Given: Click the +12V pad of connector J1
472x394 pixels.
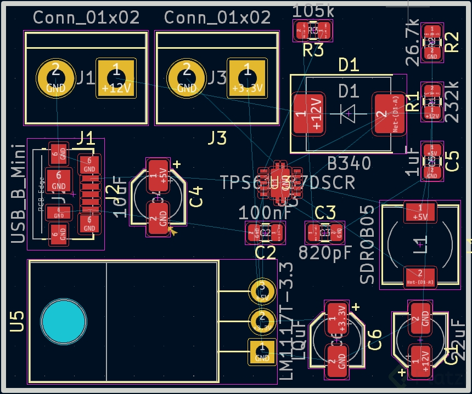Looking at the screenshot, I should (x=116, y=78).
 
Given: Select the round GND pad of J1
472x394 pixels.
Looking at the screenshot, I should (x=55, y=78).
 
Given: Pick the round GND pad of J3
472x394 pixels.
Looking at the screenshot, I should (x=187, y=78).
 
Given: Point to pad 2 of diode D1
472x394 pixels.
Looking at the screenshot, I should (x=389, y=114).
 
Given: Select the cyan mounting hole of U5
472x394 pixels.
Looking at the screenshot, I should (x=64, y=321).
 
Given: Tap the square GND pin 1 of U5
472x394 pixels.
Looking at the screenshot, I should (x=262, y=351).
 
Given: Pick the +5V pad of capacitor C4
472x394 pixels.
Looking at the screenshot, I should (x=159, y=175).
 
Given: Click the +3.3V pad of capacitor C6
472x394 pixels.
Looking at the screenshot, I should (x=336, y=317).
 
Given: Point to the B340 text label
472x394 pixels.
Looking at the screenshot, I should (x=349, y=163).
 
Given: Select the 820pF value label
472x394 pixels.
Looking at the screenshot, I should (x=324, y=253).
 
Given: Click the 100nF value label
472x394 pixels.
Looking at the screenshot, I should (x=261, y=212).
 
